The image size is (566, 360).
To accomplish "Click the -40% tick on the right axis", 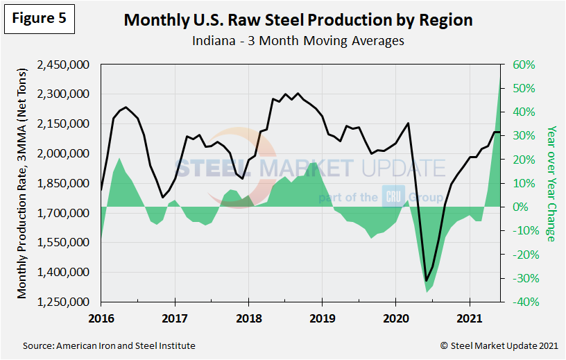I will [524, 302].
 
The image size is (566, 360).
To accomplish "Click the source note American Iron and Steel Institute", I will [109, 345].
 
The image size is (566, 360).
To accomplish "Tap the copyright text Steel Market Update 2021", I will [499, 345].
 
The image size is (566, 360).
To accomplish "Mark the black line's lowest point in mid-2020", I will [426, 280].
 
